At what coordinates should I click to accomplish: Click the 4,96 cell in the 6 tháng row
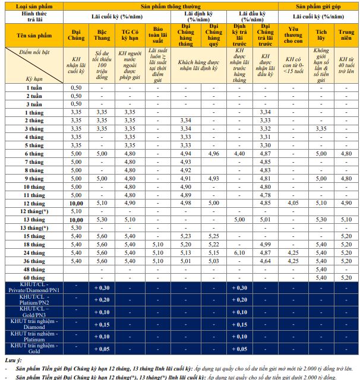[x=213, y=153]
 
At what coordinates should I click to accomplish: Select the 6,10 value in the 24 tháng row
[x=239, y=252]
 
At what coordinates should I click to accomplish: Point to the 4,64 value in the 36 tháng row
[x=266, y=260]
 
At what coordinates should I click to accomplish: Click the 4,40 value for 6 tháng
[x=239, y=153]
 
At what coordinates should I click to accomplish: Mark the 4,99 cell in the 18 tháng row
[x=266, y=243]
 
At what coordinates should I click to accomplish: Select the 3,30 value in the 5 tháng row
[x=266, y=145]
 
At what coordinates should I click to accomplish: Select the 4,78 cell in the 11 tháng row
[x=266, y=194]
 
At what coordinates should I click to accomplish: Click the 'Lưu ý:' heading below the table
[x=13, y=360]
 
